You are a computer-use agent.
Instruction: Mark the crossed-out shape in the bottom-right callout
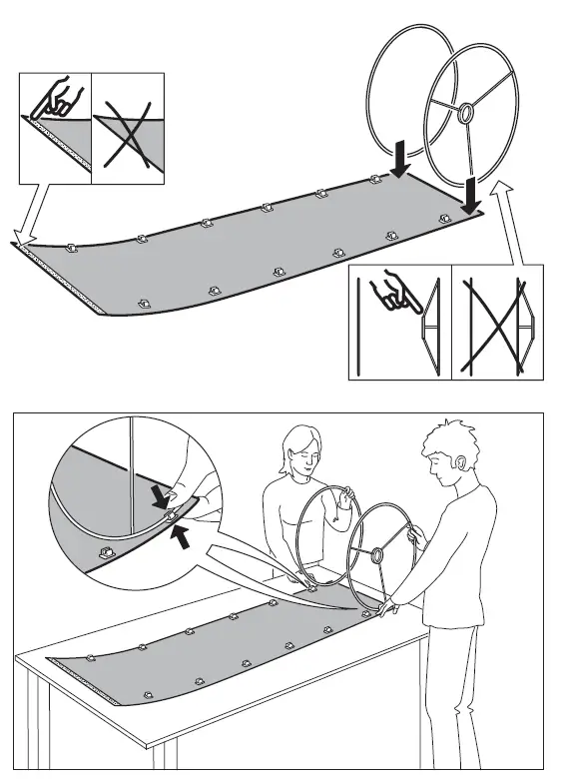[496, 324]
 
